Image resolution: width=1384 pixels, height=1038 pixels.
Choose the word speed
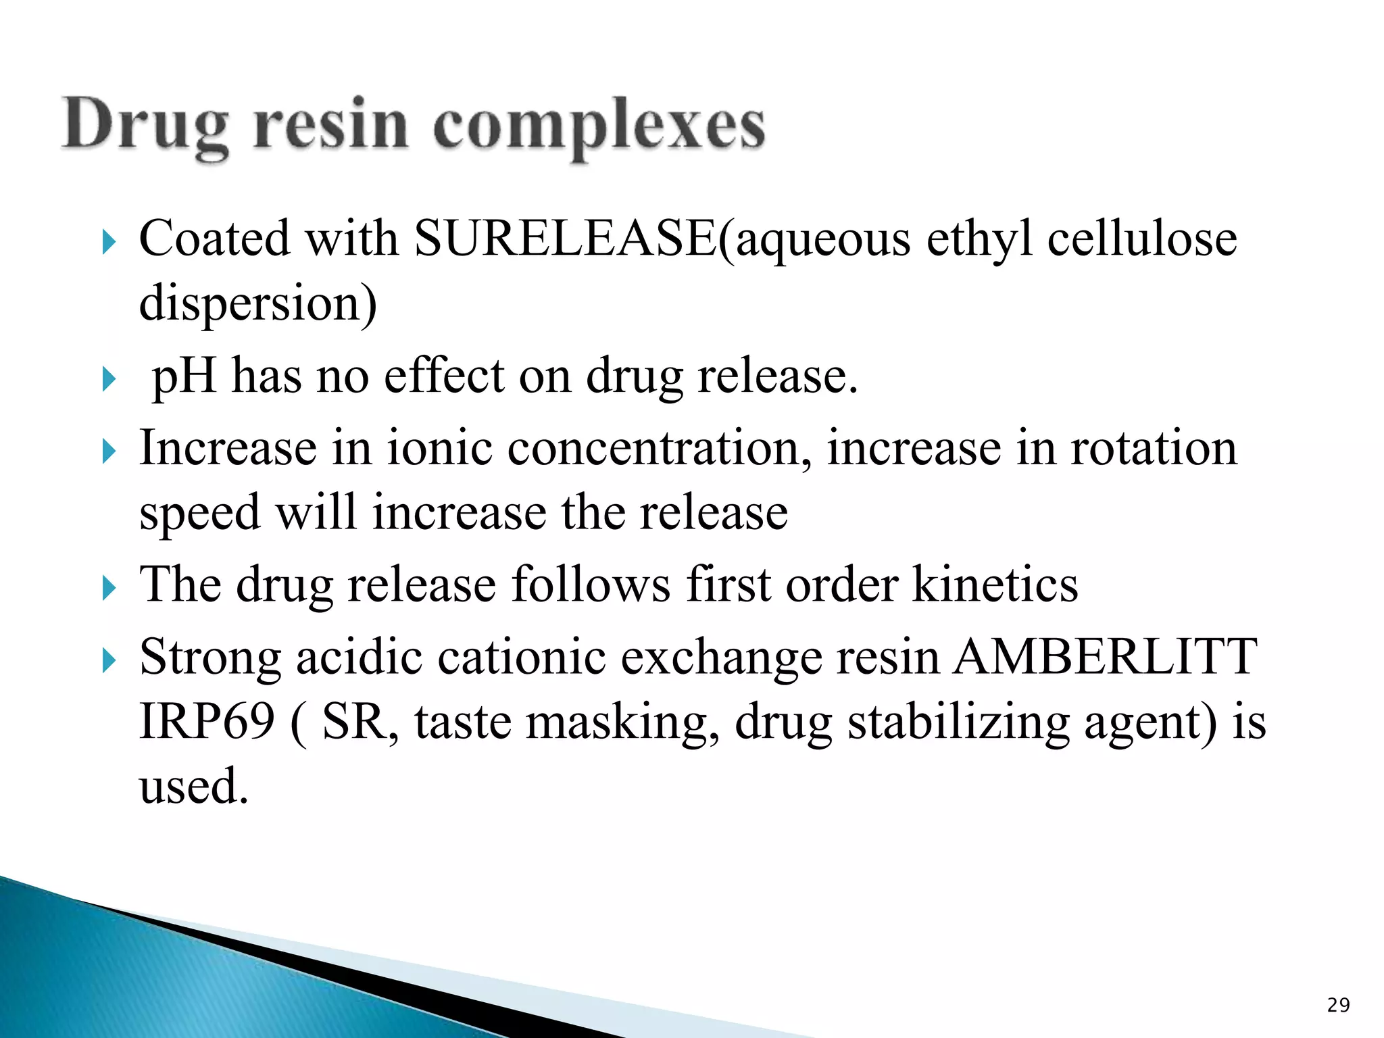tap(200, 514)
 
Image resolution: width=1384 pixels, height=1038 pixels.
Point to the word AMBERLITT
tap(1105, 657)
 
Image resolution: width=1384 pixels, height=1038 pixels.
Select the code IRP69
tap(207, 722)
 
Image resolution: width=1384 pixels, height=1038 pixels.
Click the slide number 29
tap(1338, 1006)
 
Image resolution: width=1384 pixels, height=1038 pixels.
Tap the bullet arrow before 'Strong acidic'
tap(109, 660)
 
